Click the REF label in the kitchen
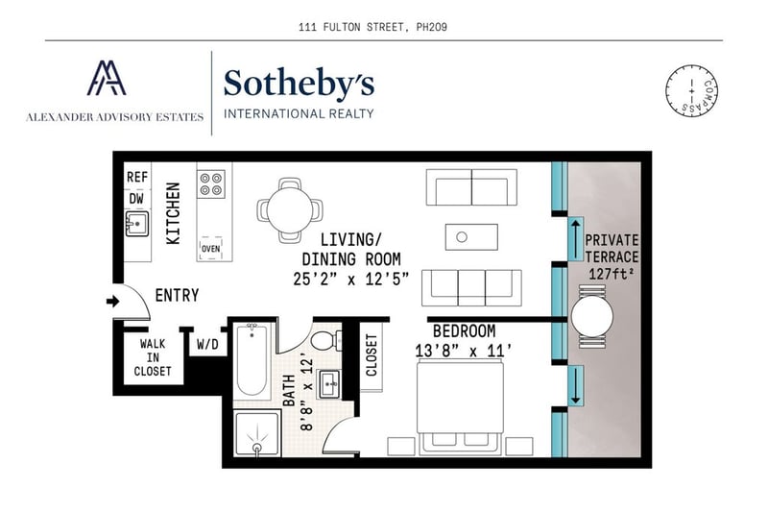point(137,177)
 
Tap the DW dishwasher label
point(136,199)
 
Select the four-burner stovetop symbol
point(211,184)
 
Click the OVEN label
point(211,249)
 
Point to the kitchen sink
point(137,224)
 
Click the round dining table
point(290,210)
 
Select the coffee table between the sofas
point(471,237)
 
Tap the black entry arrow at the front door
point(113,301)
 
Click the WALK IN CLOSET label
point(153,357)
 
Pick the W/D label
point(207,344)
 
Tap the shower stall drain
point(257,447)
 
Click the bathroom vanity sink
point(330,384)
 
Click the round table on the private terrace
point(592,316)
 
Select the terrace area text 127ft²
point(612,274)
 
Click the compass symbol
point(691,90)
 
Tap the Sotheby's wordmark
point(299,84)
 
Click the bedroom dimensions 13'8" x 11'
point(464,352)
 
